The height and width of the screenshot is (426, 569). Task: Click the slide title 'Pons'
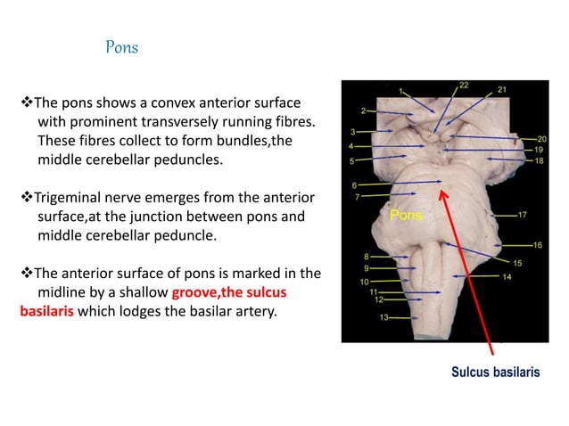[x=122, y=46]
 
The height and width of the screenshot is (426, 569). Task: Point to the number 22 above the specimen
[x=464, y=86]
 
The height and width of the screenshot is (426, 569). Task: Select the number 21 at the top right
[x=502, y=90]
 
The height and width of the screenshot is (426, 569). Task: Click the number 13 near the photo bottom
[x=383, y=317]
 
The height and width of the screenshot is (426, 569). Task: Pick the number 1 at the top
[x=401, y=89]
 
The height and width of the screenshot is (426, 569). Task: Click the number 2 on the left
[x=363, y=111]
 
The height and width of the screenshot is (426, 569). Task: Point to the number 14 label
[x=506, y=277]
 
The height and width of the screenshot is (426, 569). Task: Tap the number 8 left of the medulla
[x=367, y=256]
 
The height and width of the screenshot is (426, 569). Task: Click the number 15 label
[x=516, y=262]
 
